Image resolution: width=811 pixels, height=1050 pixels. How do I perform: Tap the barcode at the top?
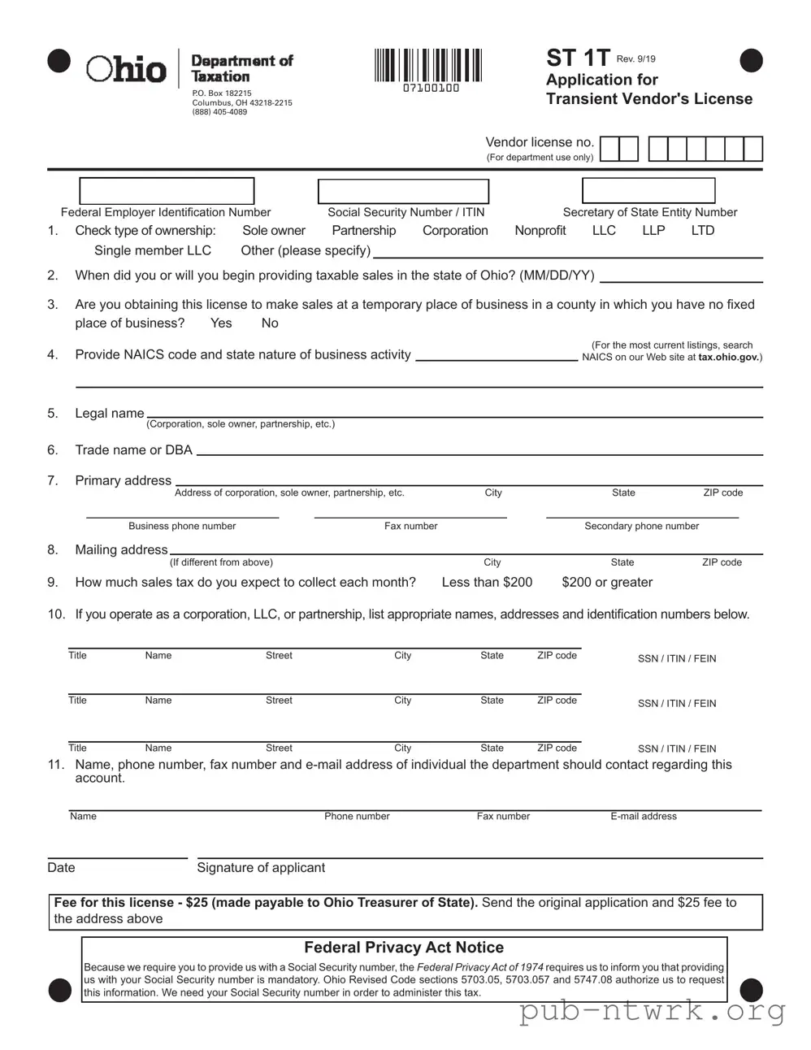pyautogui.click(x=428, y=66)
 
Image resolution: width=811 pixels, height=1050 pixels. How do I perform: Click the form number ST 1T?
pyautogui.click(x=578, y=58)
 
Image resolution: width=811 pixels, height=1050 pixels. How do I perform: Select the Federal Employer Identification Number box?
pyautogui.click(x=167, y=191)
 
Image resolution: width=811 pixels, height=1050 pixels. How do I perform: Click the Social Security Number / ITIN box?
pyautogui.click(x=403, y=191)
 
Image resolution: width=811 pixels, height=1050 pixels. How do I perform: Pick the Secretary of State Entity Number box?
pyautogui.click(x=648, y=190)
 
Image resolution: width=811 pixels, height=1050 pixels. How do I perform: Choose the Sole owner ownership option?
pyautogui.click(x=274, y=231)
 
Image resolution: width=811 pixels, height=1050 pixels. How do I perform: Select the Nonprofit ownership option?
pyautogui.click(x=540, y=231)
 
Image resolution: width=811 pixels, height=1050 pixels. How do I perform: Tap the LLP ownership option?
pyautogui.click(x=653, y=231)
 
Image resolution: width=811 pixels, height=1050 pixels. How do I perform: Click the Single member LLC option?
pyautogui.click(x=153, y=250)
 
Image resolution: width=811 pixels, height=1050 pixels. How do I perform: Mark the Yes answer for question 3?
pyautogui.click(x=221, y=323)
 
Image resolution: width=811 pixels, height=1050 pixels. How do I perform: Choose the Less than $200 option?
pyautogui.click(x=487, y=583)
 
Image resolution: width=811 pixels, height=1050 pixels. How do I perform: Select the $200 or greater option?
pyautogui.click(x=607, y=583)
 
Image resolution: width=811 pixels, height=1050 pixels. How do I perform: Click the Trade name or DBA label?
pyautogui.click(x=133, y=450)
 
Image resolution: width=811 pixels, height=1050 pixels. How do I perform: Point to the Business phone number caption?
pyautogui.click(x=182, y=527)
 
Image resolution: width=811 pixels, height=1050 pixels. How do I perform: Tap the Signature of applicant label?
pyautogui.click(x=261, y=868)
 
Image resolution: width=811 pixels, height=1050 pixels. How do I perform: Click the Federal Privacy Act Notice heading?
pyautogui.click(x=404, y=948)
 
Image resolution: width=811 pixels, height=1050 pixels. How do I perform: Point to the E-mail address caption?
pyautogui.click(x=644, y=817)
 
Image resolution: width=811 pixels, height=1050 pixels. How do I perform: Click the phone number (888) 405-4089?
pyautogui.click(x=219, y=112)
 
